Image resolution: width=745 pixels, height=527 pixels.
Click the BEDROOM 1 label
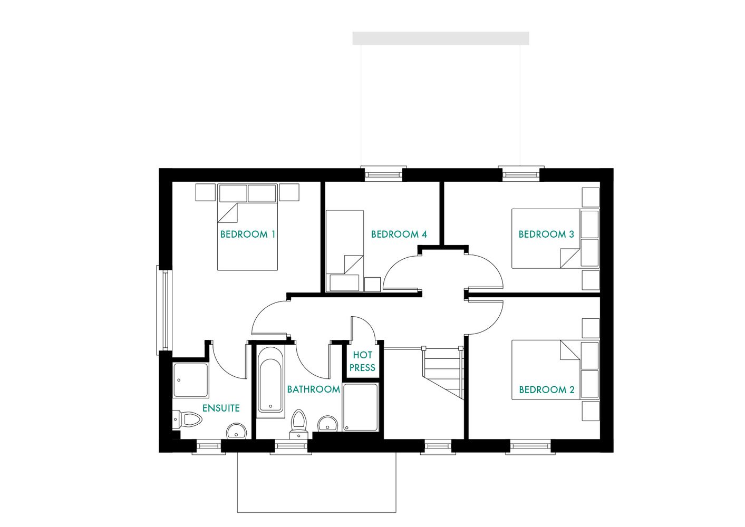(x=248, y=234)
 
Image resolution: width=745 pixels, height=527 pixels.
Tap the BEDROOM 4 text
(x=399, y=234)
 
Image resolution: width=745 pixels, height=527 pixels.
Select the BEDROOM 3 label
(x=546, y=234)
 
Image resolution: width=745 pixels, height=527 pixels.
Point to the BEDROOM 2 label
(x=547, y=389)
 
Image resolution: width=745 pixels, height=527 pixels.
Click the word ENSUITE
(x=221, y=408)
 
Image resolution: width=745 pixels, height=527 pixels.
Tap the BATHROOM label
(x=313, y=389)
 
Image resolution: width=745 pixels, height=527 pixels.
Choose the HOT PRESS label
(x=362, y=362)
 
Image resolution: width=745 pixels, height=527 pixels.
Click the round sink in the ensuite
(x=236, y=432)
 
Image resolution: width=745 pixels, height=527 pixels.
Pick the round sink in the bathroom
(x=328, y=424)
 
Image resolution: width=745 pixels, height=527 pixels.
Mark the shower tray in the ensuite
(x=191, y=380)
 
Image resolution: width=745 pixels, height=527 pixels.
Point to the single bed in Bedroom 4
(x=345, y=250)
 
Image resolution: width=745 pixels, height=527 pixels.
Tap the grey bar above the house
(x=440, y=38)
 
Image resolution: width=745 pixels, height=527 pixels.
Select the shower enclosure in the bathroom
(x=361, y=407)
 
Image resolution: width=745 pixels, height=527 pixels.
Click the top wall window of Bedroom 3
(x=521, y=174)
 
